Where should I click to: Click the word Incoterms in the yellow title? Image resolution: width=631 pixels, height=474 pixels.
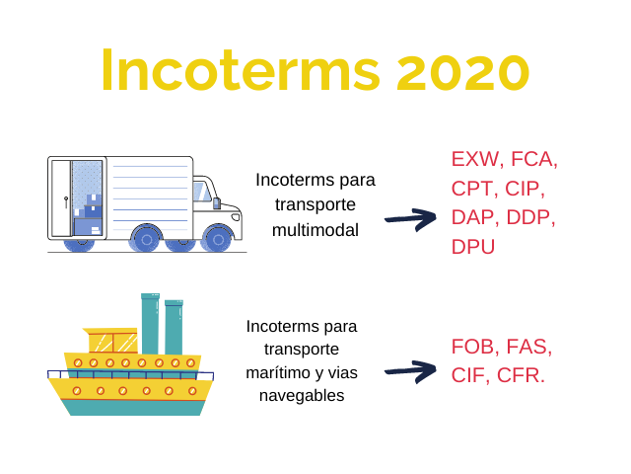pyautogui.click(x=241, y=70)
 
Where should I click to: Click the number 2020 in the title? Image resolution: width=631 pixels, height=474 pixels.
pyautogui.click(x=462, y=71)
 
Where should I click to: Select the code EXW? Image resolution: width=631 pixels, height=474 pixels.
pyautogui.click(x=475, y=159)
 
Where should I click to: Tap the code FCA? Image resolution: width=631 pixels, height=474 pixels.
pyautogui.click(x=531, y=159)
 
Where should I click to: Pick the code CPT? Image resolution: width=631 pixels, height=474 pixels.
pyautogui.click(x=472, y=189)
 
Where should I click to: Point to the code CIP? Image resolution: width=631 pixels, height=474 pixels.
pyautogui.click(x=522, y=189)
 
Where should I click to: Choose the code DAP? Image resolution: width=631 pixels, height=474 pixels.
pyautogui.click(x=472, y=217)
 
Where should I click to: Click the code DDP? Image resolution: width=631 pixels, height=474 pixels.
pyautogui.click(x=527, y=217)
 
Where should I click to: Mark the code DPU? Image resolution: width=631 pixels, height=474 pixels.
pyautogui.click(x=473, y=247)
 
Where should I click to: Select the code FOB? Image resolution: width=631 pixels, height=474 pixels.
pyautogui.click(x=472, y=347)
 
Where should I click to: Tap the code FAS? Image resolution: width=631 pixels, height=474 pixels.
pyautogui.click(x=526, y=347)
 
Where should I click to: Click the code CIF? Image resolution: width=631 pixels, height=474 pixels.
pyautogui.click(x=467, y=375)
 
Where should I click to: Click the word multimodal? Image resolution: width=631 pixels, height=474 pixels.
pyautogui.click(x=315, y=230)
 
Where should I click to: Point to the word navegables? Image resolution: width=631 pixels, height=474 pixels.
pyautogui.click(x=302, y=396)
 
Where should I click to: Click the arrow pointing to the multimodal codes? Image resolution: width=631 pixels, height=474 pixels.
pyautogui.click(x=410, y=219)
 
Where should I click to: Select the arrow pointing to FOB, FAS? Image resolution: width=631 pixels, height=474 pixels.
pyautogui.click(x=410, y=371)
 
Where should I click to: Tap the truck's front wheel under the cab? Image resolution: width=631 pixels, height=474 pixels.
pyautogui.click(x=218, y=239)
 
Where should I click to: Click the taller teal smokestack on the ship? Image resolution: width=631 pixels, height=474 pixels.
pyautogui.click(x=150, y=324)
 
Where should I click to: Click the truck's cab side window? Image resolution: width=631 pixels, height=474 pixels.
pyautogui.click(x=201, y=192)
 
